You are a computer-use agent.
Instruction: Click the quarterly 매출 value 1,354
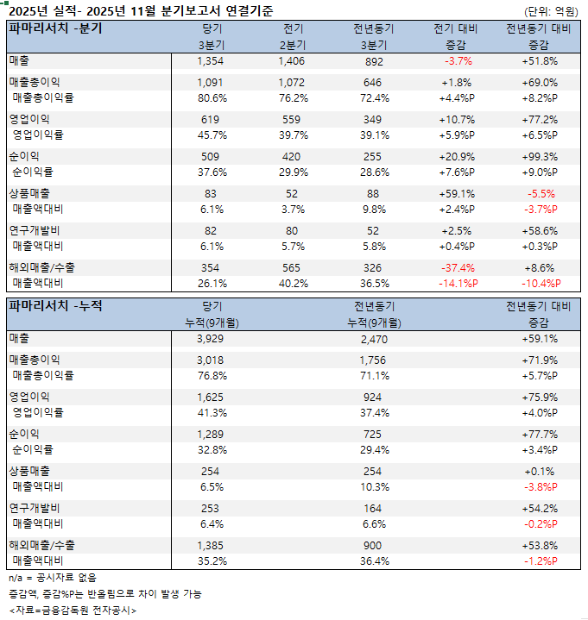click(x=211, y=61)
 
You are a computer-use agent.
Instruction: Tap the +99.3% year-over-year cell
click(x=539, y=157)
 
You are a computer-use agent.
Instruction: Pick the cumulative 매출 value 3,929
click(x=211, y=339)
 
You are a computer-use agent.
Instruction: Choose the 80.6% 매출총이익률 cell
click(x=211, y=97)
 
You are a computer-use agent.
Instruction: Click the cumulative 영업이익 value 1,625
click(x=211, y=398)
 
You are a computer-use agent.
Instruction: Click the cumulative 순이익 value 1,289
click(x=211, y=435)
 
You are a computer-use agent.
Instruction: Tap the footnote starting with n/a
click(x=53, y=578)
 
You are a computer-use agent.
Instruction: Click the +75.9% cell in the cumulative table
click(x=539, y=398)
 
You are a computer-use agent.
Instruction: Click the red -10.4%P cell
click(x=539, y=283)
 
